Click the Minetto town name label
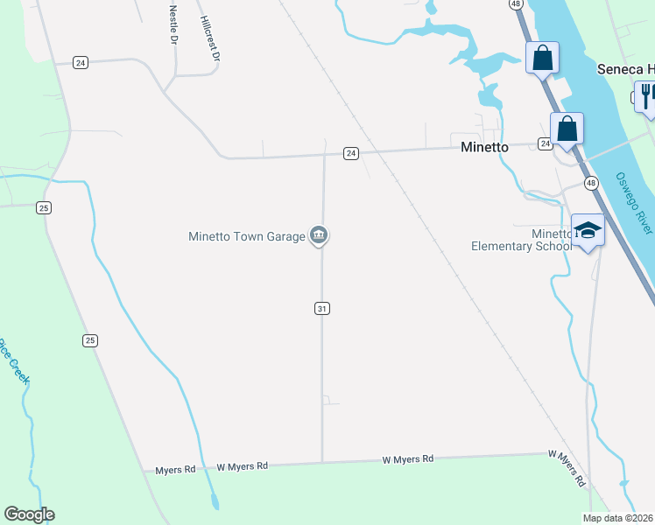[x=484, y=147]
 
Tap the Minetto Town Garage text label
[x=246, y=236]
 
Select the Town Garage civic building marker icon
[x=320, y=235]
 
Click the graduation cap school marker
[x=588, y=230]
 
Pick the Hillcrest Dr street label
[x=208, y=38]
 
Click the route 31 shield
[x=322, y=308]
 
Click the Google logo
[x=29, y=514]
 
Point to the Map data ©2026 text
[x=618, y=518]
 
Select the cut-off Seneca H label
[x=625, y=69]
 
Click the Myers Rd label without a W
[x=175, y=470]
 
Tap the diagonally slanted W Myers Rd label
[x=567, y=467]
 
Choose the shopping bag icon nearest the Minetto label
[x=567, y=129]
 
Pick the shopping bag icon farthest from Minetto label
[x=542, y=58]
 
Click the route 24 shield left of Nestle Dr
[x=81, y=62]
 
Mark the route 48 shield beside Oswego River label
[x=592, y=183]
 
